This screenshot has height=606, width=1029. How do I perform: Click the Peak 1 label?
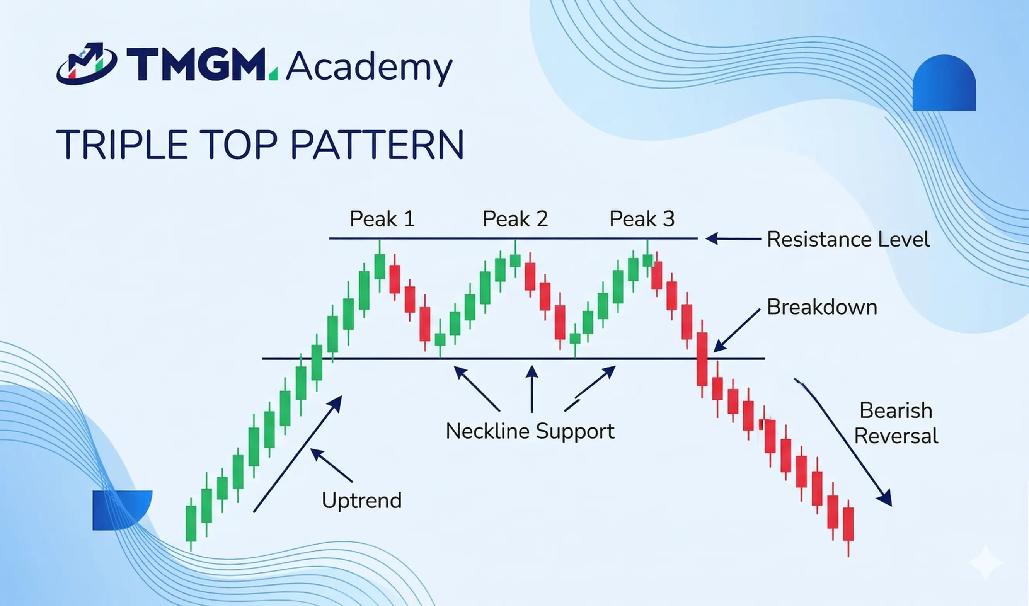[x=382, y=219]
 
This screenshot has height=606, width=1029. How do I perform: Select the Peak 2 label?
[x=515, y=219]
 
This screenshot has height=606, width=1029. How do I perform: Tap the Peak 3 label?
[x=642, y=219]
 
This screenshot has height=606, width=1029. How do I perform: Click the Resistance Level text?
[x=848, y=239]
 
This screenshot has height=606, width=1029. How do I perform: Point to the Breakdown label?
[x=821, y=307]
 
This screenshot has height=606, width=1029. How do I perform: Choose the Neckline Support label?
[x=530, y=431]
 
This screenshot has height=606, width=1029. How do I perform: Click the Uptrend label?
[x=362, y=500]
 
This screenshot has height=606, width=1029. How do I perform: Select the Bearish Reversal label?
[x=896, y=423]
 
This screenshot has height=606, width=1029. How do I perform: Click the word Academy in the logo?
[x=369, y=67]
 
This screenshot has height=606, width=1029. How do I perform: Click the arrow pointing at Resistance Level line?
[x=733, y=238]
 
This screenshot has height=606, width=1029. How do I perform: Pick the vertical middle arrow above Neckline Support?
[x=532, y=388]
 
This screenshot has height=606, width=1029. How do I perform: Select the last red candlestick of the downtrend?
[x=848, y=524]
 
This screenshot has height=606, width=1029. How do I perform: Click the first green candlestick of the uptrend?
[x=191, y=524]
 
